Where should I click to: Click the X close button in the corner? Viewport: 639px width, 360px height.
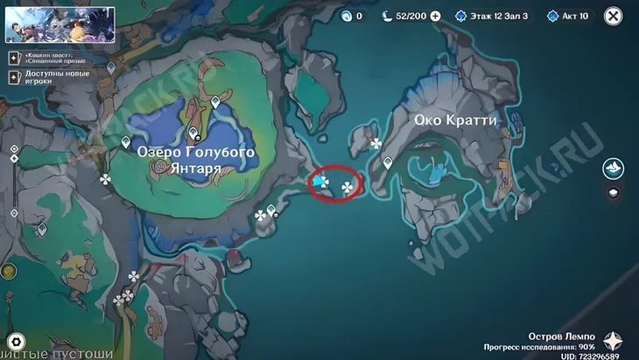614,16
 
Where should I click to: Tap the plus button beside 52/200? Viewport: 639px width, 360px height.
436,16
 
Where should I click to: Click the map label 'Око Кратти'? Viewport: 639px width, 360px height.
455,120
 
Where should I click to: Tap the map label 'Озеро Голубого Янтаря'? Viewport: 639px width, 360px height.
196,159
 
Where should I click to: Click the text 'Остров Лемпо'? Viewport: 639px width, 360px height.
561,336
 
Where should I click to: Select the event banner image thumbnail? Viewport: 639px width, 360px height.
60,25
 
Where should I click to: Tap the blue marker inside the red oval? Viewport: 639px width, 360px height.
321,181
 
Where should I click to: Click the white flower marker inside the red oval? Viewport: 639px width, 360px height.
348,187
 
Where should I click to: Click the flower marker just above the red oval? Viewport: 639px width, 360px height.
376,143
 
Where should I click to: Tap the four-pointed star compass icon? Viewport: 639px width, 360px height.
614,342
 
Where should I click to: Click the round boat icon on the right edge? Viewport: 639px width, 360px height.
614,168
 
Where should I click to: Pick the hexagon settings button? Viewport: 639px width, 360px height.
15,342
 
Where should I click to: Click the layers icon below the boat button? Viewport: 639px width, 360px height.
614,194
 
